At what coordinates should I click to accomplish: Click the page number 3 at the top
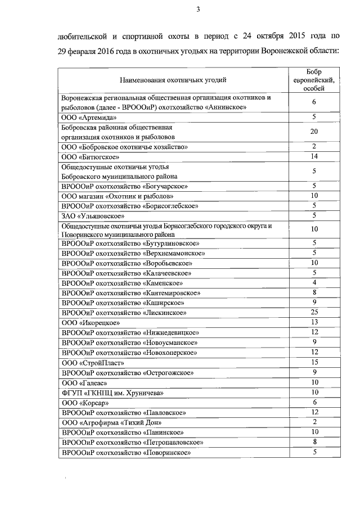coord(199,8)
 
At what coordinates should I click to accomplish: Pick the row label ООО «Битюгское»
coord(91,157)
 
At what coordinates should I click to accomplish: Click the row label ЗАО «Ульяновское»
coord(93,215)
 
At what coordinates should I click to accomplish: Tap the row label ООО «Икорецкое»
coord(90,322)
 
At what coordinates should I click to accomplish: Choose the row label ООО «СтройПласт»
coord(92,363)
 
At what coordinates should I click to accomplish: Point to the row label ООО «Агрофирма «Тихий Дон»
coord(112,422)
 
